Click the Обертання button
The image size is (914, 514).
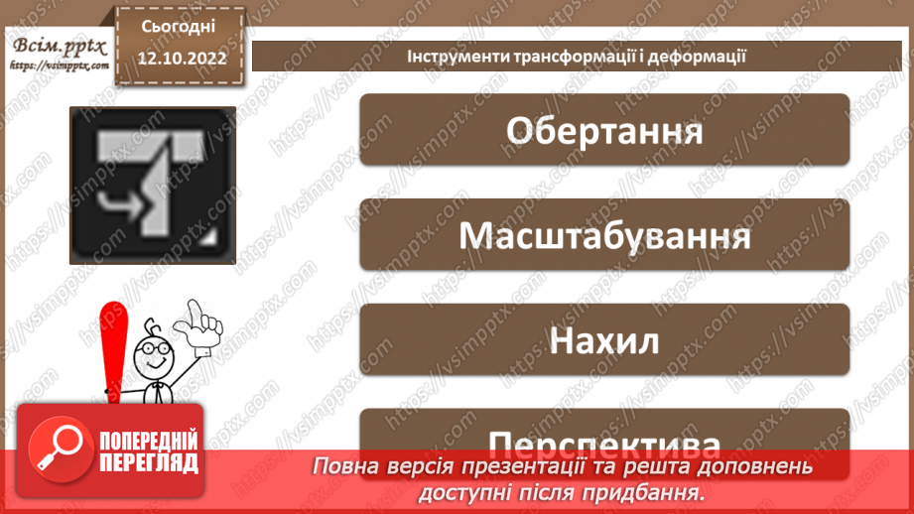coord(603,130)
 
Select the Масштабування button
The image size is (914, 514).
coord(603,235)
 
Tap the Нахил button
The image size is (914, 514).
coord(603,340)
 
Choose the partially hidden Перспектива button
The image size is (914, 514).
coord(603,435)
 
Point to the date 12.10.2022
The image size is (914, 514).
coord(184,59)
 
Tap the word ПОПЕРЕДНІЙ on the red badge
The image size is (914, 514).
coord(148,441)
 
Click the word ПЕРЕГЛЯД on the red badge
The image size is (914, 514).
coord(148,461)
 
